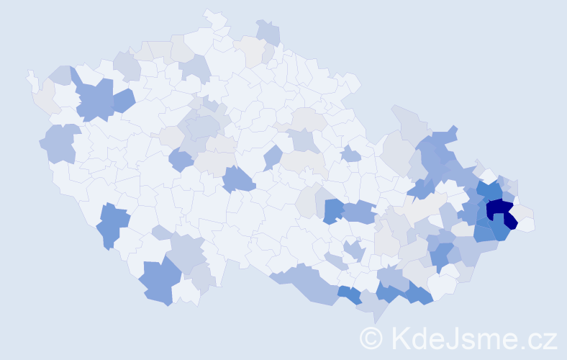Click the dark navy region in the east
click(x=499, y=210)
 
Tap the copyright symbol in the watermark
click(x=371, y=338)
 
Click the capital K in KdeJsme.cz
click(x=401, y=338)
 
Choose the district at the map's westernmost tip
click(x=31, y=78)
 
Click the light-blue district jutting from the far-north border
click(x=269, y=32)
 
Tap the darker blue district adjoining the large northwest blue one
click(x=122, y=100)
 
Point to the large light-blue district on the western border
click(x=60, y=142)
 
